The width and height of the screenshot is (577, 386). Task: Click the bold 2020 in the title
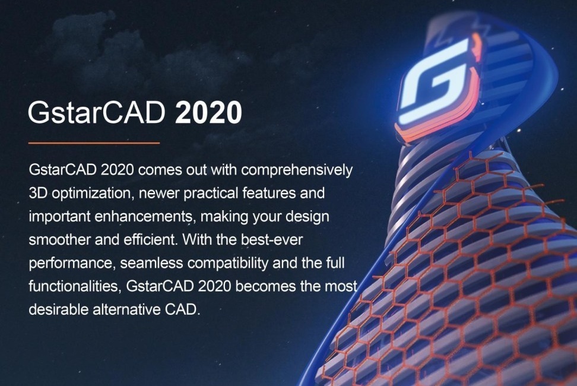[209, 112]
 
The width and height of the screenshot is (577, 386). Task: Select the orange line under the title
[94, 143]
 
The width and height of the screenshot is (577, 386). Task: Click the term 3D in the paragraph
[38, 194]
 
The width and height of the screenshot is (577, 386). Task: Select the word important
[55, 217]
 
